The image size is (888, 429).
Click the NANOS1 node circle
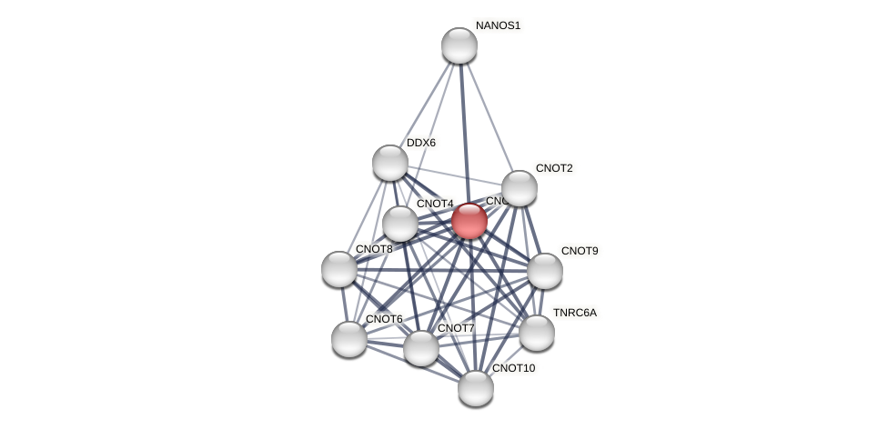tap(459, 45)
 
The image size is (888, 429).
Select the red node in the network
tap(469, 221)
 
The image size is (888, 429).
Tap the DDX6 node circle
tap(390, 163)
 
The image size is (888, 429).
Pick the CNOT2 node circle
tap(520, 188)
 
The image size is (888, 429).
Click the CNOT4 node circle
tap(400, 224)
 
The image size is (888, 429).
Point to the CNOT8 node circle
tap(339, 269)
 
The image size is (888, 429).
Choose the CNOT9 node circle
tap(545, 271)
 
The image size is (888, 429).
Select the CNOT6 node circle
tap(349, 339)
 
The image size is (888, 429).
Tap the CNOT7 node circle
tap(421, 348)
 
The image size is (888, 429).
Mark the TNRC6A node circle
tap(537, 333)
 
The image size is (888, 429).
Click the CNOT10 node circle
tap(476, 388)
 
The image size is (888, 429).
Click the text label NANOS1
tap(498, 25)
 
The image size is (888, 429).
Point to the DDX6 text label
tap(420, 143)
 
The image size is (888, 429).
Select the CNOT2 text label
tap(554, 168)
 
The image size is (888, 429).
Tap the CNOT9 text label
tap(580, 251)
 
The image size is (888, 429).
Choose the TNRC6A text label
tap(575, 313)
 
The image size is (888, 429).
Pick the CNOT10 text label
tap(513, 368)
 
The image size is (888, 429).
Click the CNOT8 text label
tap(374, 249)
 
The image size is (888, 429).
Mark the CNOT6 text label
tap(384, 319)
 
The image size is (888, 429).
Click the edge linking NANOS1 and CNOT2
tap(489, 116)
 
